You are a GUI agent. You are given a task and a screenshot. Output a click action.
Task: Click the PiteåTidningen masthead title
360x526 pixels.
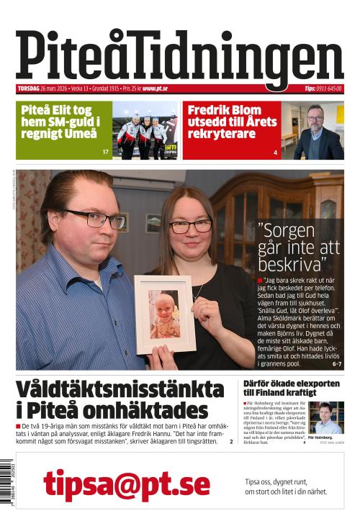(179, 55)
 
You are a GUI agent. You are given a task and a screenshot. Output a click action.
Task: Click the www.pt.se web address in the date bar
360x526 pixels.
(155, 89)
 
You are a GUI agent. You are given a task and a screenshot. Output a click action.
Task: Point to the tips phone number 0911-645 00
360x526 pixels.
(330, 89)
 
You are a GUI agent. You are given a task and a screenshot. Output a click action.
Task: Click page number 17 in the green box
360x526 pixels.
(105, 152)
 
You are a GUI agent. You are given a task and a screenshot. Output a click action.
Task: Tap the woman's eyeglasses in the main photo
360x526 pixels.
(191, 226)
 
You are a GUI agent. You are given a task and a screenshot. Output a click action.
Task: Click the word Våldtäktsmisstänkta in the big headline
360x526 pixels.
(120, 389)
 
